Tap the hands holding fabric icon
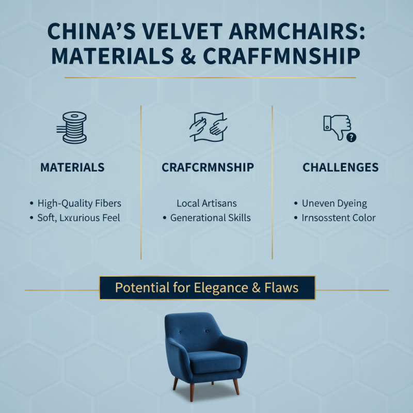(208, 126)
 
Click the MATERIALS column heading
(72, 167)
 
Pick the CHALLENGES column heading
(340, 167)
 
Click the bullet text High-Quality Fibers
(79, 203)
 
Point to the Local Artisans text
(206, 203)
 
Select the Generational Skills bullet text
(210, 218)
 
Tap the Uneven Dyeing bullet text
(334, 203)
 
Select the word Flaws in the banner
(281, 288)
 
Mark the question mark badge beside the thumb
(352, 137)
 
